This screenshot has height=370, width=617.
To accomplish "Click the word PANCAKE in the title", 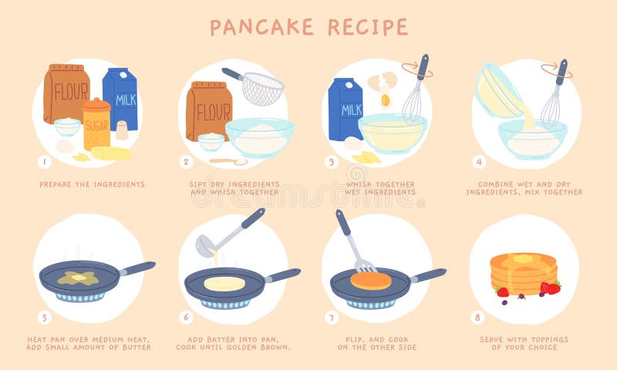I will coord(261,27).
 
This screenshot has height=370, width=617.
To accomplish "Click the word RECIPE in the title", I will coord(367,27).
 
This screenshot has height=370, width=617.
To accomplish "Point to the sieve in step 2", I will coord(262,89).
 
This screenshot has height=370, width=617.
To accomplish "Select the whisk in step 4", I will coord(553,96).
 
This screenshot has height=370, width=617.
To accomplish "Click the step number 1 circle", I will coord(44,162).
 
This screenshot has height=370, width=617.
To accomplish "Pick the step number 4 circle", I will coord(479,162).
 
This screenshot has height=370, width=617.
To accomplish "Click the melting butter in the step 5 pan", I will coord(77,277).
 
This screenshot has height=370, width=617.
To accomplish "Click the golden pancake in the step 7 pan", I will coord(371,281).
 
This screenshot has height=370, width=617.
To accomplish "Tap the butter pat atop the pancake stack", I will coord(524,259).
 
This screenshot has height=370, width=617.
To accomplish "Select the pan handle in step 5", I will coord(137,268).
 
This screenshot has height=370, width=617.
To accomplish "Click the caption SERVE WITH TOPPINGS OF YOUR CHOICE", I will coord(524,343).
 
